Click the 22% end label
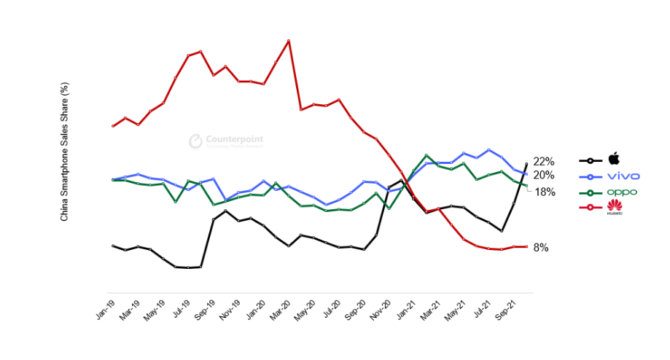(544, 161)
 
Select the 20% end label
(544, 175)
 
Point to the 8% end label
(541, 248)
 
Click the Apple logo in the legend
(614, 159)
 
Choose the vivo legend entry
(623, 176)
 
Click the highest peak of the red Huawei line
(289, 40)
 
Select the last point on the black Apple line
(526, 164)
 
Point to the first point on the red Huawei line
(113, 125)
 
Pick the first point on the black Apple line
(113, 246)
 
